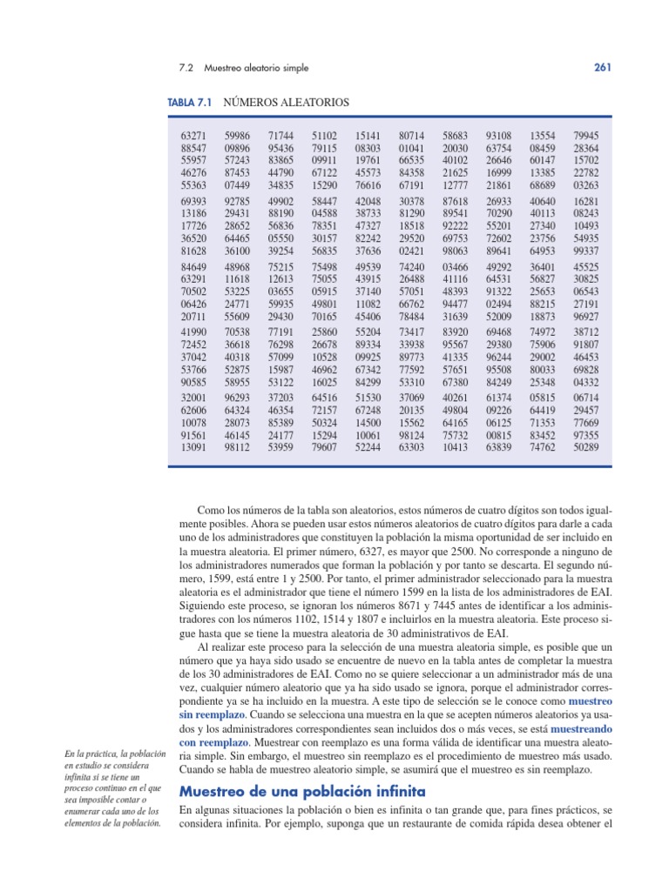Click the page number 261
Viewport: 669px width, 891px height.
(604, 67)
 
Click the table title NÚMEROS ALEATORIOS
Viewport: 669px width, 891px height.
(286, 103)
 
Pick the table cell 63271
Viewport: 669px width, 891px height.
(194, 137)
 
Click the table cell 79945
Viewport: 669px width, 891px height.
(586, 137)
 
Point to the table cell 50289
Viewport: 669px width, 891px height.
(586, 447)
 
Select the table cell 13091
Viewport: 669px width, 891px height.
(194, 447)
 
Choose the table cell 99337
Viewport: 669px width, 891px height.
(586, 251)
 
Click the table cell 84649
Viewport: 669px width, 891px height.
(194, 267)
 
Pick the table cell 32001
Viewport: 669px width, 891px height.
(194, 398)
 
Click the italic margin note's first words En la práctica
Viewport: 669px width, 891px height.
(93, 754)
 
